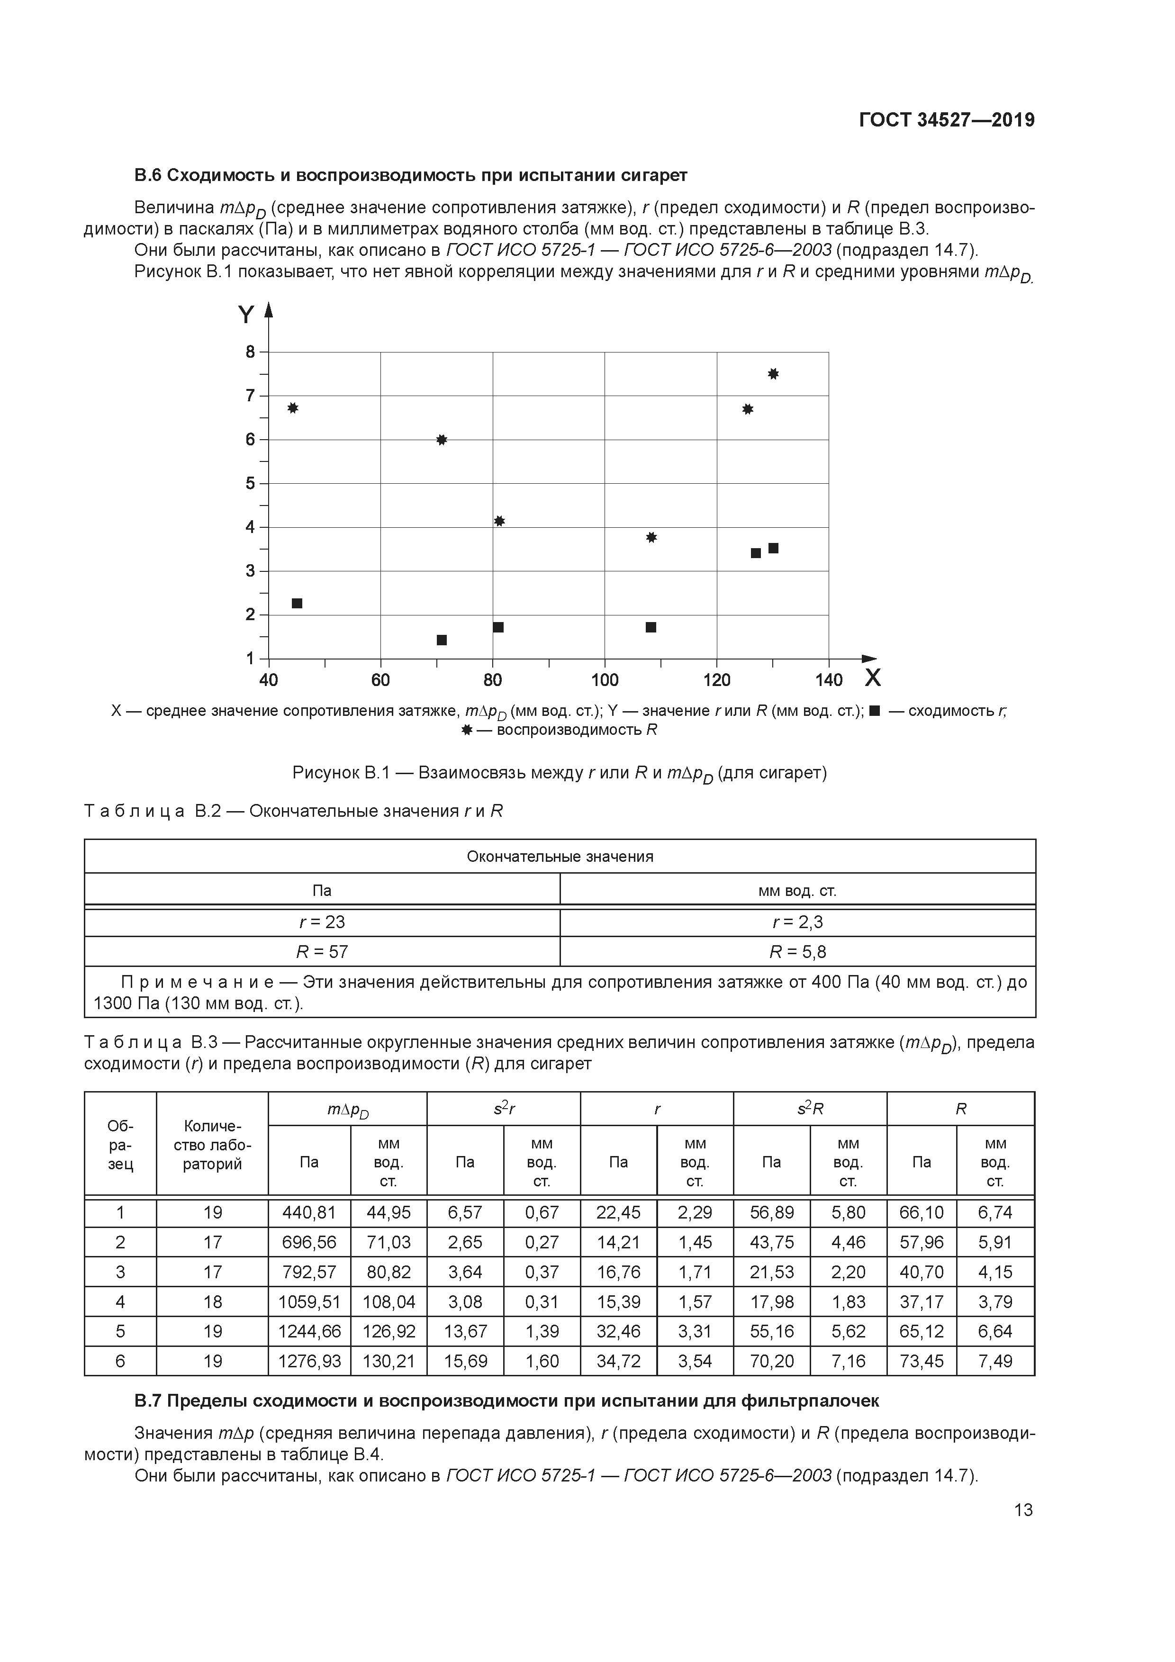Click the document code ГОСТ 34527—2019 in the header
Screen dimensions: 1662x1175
pos(946,120)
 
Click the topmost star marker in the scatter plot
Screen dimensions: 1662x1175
pos(773,373)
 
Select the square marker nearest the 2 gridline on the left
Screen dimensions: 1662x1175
pos(297,603)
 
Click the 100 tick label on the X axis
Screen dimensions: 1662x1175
pos(605,680)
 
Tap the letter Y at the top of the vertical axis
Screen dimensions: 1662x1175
pos(246,315)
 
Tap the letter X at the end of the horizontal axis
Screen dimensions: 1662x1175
pos(873,678)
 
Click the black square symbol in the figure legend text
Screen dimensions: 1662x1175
pos(874,711)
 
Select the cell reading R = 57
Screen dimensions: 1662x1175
pos(322,951)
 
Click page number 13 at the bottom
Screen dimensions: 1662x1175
pos(1023,1510)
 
